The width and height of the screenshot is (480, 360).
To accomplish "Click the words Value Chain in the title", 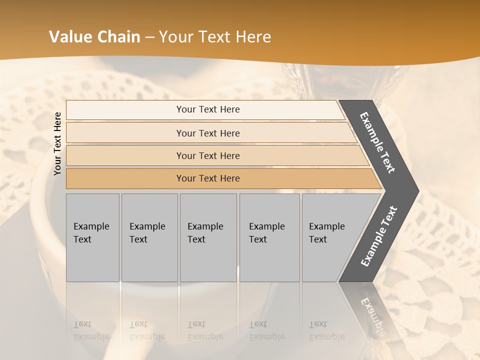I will click(x=94, y=37).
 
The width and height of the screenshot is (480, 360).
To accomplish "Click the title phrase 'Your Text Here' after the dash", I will click(x=215, y=37).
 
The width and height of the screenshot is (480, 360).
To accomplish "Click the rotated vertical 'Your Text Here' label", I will click(x=57, y=143).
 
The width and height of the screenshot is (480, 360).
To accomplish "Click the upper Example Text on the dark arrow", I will click(x=377, y=142).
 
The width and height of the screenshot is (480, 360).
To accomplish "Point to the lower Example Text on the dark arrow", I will click(x=378, y=236).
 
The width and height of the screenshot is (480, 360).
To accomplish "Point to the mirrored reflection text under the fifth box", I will click(x=326, y=330).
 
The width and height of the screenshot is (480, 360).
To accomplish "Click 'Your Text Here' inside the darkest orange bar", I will click(x=208, y=178).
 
